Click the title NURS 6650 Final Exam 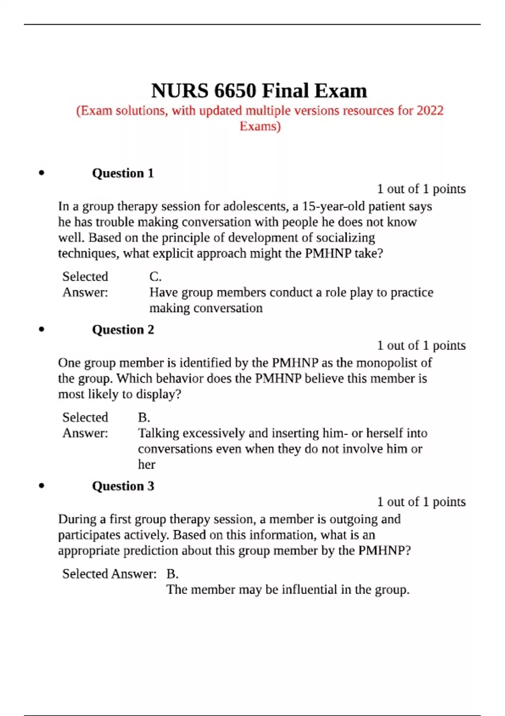[259, 91]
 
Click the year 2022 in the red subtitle [430, 111]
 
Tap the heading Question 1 [123, 173]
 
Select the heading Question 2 [123, 329]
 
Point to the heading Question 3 [123, 486]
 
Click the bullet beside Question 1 [41, 173]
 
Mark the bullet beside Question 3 [41, 486]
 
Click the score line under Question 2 [421, 345]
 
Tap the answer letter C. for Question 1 [155, 277]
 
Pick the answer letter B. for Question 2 [144, 417]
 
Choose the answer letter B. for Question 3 [173, 574]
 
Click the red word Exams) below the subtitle [260, 126]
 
